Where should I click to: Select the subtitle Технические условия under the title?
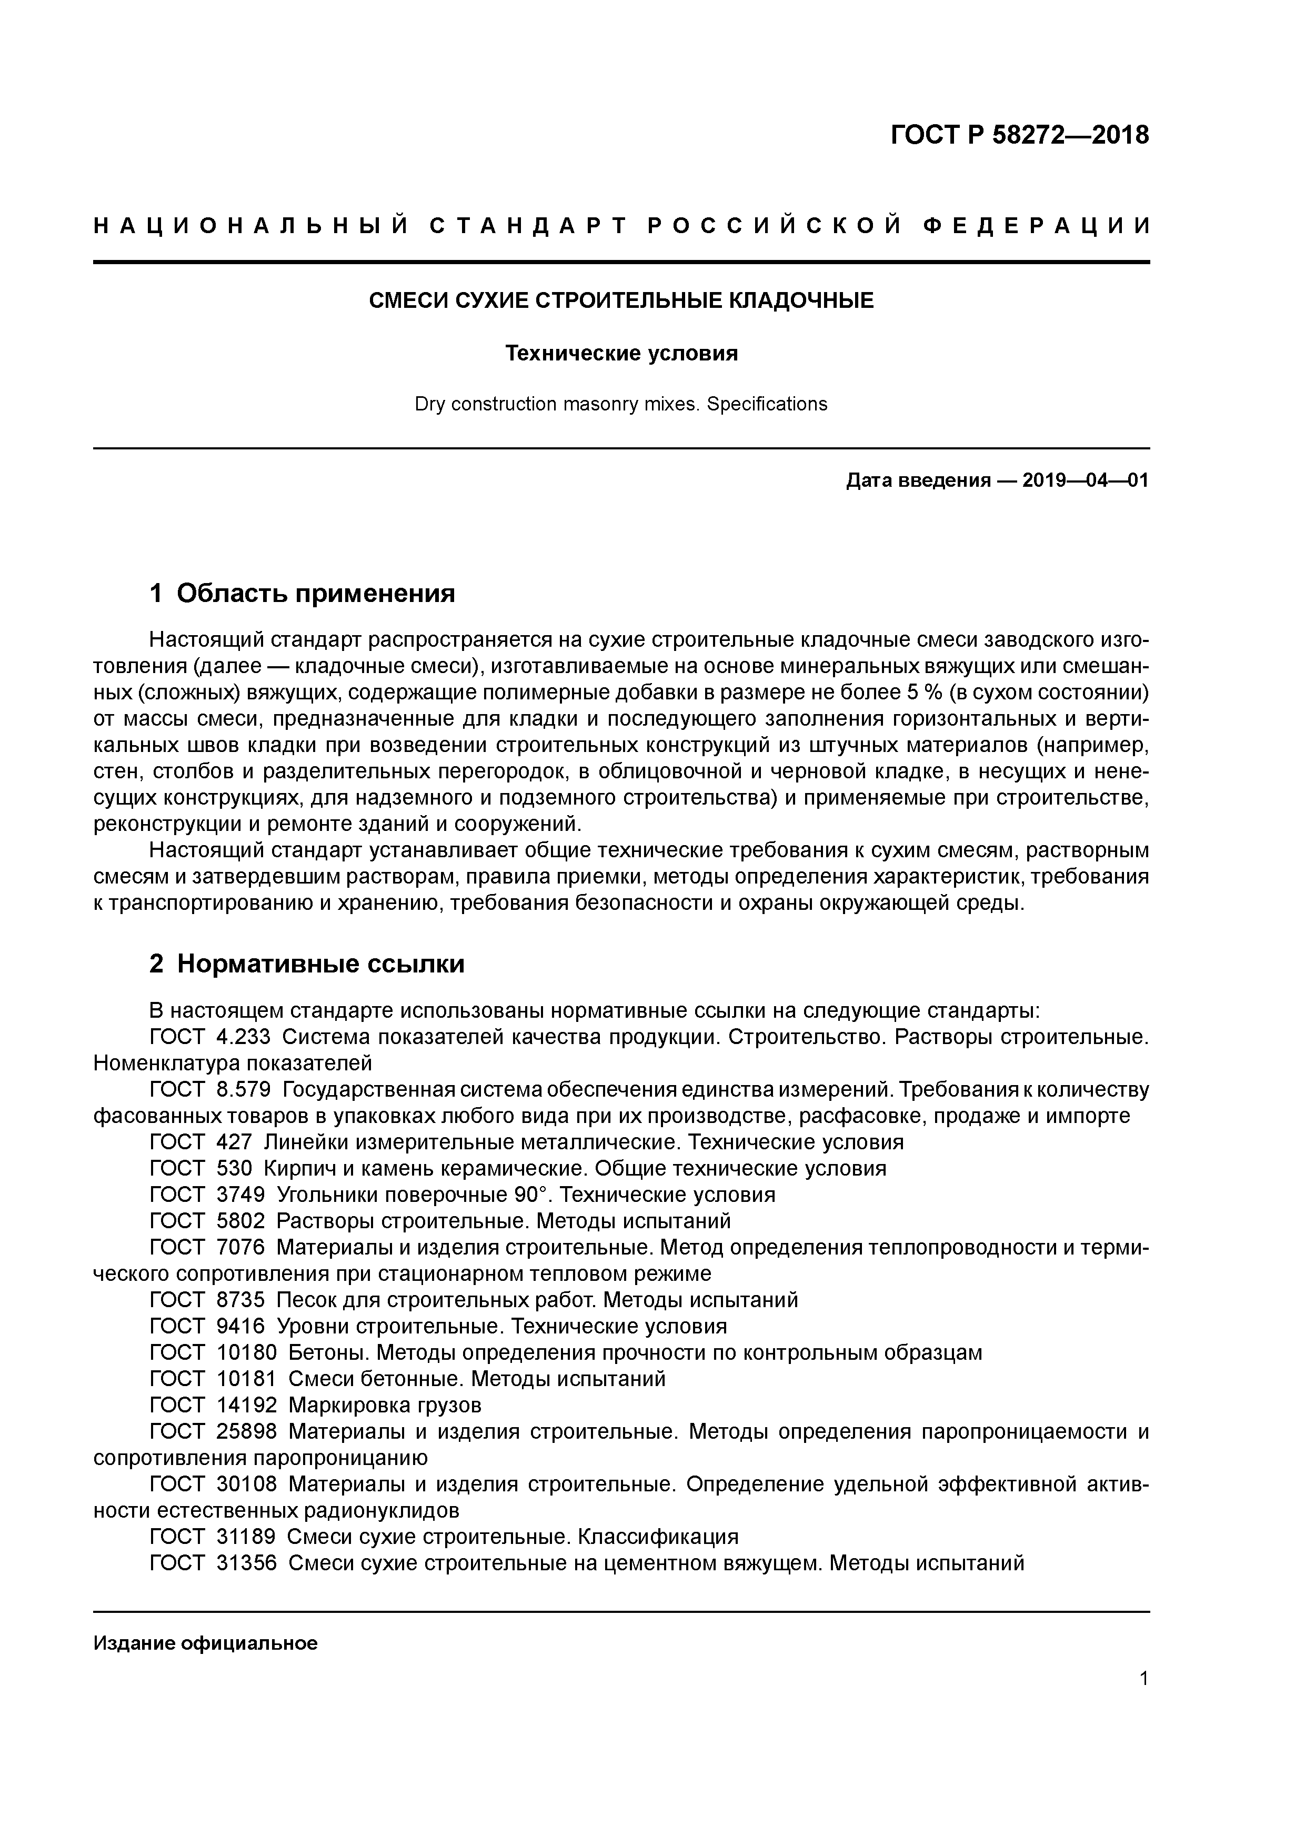coord(621,354)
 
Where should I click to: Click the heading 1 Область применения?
coord(303,594)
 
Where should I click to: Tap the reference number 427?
coord(234,1142)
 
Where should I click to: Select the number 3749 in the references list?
coord(240,1195)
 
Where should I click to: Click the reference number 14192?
coord(246,1406)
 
